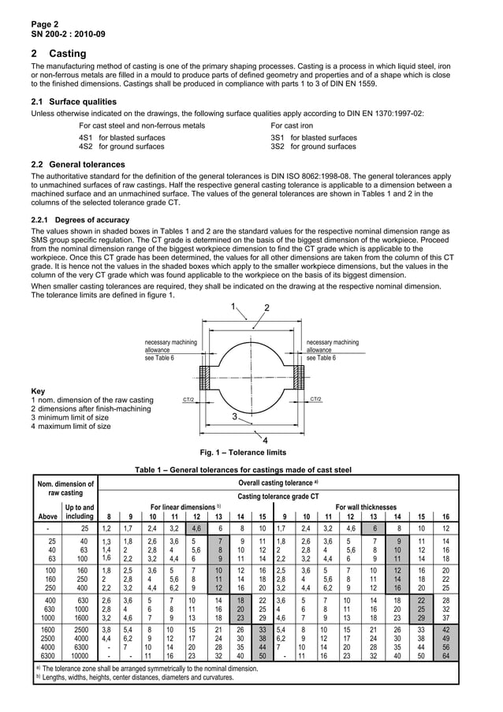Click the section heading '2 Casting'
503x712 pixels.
58,54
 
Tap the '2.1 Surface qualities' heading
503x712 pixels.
73,102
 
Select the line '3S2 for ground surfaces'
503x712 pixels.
313,146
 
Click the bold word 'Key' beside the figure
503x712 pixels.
38,391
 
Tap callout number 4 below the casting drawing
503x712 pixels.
264,440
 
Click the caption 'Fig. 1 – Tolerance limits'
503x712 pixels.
244,453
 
